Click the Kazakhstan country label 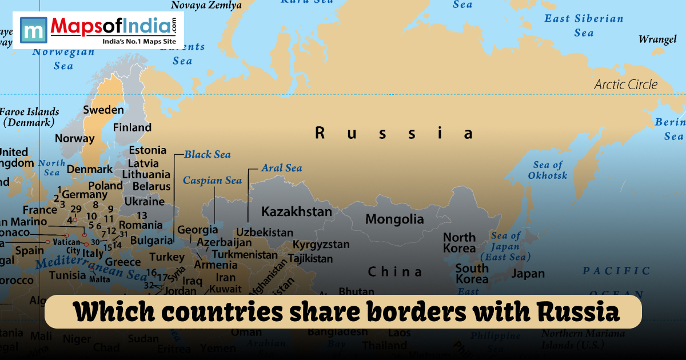[x=296, y=212]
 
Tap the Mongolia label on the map [x=394, y=219]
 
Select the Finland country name [x=132, y=127]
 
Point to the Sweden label [x=103, y=110]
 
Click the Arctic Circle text [x=625, y=85]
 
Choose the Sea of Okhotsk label [x=548, y=170]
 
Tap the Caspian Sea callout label [x=212, y=181]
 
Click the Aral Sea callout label [x=281, y=168]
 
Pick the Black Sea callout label [x=207, y=154]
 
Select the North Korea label [x=459, y=242]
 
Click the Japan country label [x=528, y=274]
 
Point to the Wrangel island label [x=657, y=39]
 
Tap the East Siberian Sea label [x=583, y=26]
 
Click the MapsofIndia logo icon [x=33, y=30]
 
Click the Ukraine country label [x=144, y=201]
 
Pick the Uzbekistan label [x=265, y=233]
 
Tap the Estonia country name [x=147, y=151]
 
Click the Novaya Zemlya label [x=206, y=5]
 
